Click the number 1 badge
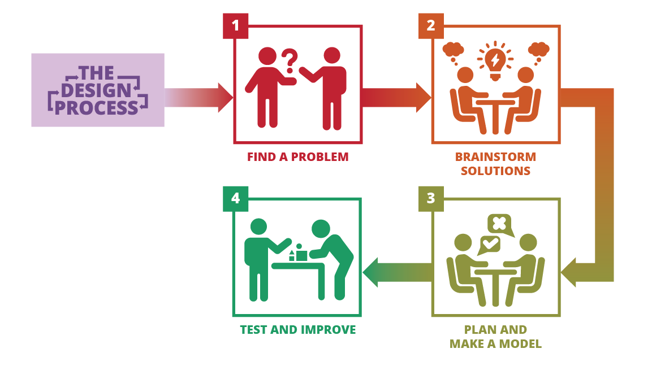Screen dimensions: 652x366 [x=235, y=26]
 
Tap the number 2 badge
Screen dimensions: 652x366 [x=431, y=26]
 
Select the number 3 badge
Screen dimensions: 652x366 [x=431, y=199]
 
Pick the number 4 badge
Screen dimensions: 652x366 [x=235, y=199]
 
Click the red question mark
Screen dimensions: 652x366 [x=290, y=60]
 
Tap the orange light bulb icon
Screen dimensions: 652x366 [x=495, y=60]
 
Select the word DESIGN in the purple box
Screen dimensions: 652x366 [x=96, y=90]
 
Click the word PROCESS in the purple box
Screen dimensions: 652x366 [x=97, y=108]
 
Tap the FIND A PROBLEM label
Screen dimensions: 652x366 [x=297, y=157]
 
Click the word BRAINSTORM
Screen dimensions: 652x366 [x=495, y=157]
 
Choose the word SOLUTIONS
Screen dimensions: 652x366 [x=495, y=171]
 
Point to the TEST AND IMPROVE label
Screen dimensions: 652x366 [x=297, y=330]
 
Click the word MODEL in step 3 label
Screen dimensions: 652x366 [x=520, y=344]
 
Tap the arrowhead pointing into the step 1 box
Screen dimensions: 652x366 [x=226, y=98]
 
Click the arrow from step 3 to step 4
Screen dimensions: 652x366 [x=397, y=273]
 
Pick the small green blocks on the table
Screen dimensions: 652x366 [x=297, y=253]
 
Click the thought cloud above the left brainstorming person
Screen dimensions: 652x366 [x=454, y=51]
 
